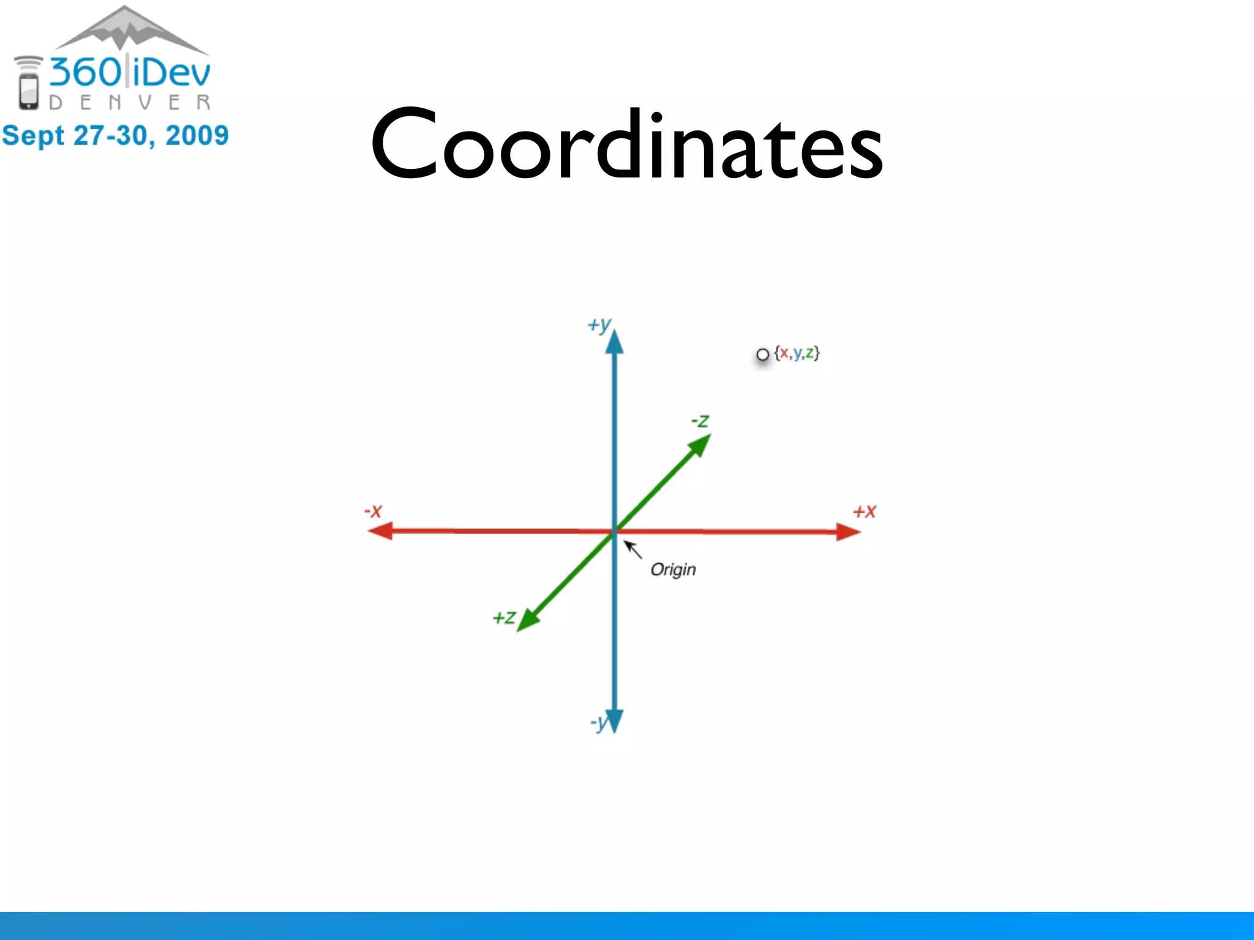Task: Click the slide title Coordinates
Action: [626, 146]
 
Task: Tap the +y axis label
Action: [599, 325]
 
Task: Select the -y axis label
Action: [598, 723]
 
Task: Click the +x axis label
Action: [865, 512]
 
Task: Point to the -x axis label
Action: [373, 511]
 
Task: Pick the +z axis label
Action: [504, 617]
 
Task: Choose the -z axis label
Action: [700, 421]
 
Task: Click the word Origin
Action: [673, 570]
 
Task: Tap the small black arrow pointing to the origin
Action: [633, 550]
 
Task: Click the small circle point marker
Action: [762, 354]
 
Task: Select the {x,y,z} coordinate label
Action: [797, 353]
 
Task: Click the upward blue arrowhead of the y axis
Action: [614, 343]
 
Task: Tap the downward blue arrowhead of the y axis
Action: [614, 720]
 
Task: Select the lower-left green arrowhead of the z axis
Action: [528, 620]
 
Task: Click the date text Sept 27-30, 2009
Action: [115, 135]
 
